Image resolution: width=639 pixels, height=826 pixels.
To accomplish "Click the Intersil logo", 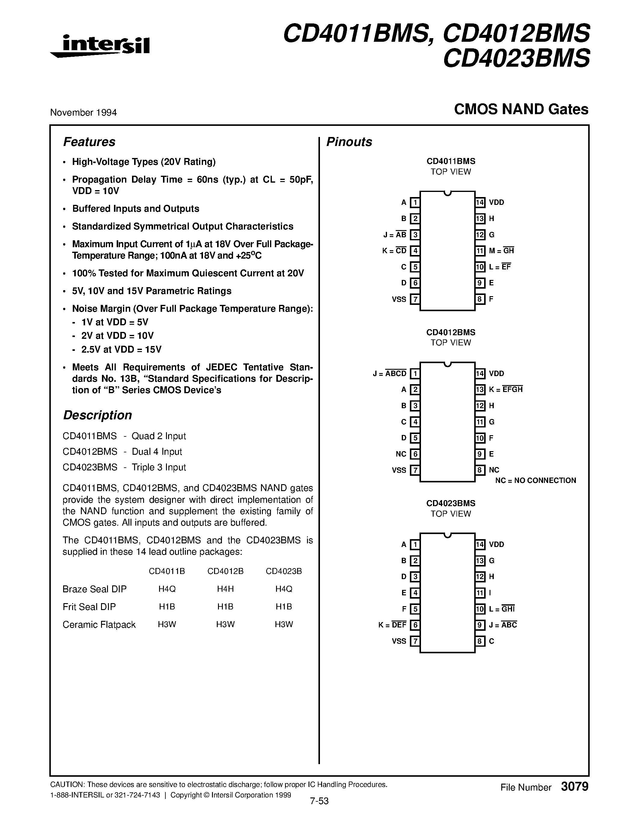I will pos(100,46).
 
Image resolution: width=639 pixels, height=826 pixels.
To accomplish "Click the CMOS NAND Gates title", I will pos(521,109).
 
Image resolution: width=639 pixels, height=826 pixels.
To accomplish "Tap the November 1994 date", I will pos(83,112).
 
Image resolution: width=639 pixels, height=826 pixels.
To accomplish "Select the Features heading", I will pos(89,142).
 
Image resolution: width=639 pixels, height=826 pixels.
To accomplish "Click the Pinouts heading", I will pos(349,142).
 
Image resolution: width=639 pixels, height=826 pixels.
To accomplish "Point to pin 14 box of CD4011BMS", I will pos(480,202).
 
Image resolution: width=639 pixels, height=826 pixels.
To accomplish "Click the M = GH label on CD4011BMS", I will pos(501,251).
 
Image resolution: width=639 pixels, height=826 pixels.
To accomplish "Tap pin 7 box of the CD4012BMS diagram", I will pos(415,470).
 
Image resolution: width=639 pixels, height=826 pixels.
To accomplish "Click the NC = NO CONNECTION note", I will pos(536,480).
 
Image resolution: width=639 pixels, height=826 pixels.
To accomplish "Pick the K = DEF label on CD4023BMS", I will pos(392,625).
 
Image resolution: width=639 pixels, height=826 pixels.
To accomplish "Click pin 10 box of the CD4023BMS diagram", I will pos(480,609).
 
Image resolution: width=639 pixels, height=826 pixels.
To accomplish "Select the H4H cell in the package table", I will pos(225,589).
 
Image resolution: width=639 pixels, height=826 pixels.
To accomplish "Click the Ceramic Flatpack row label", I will pos(99,624).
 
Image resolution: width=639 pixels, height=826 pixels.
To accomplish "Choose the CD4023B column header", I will pos(284,571).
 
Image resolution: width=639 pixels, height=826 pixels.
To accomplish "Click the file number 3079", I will pos(574,787).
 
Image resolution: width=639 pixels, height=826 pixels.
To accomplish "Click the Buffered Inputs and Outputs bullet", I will pos(136,209).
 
